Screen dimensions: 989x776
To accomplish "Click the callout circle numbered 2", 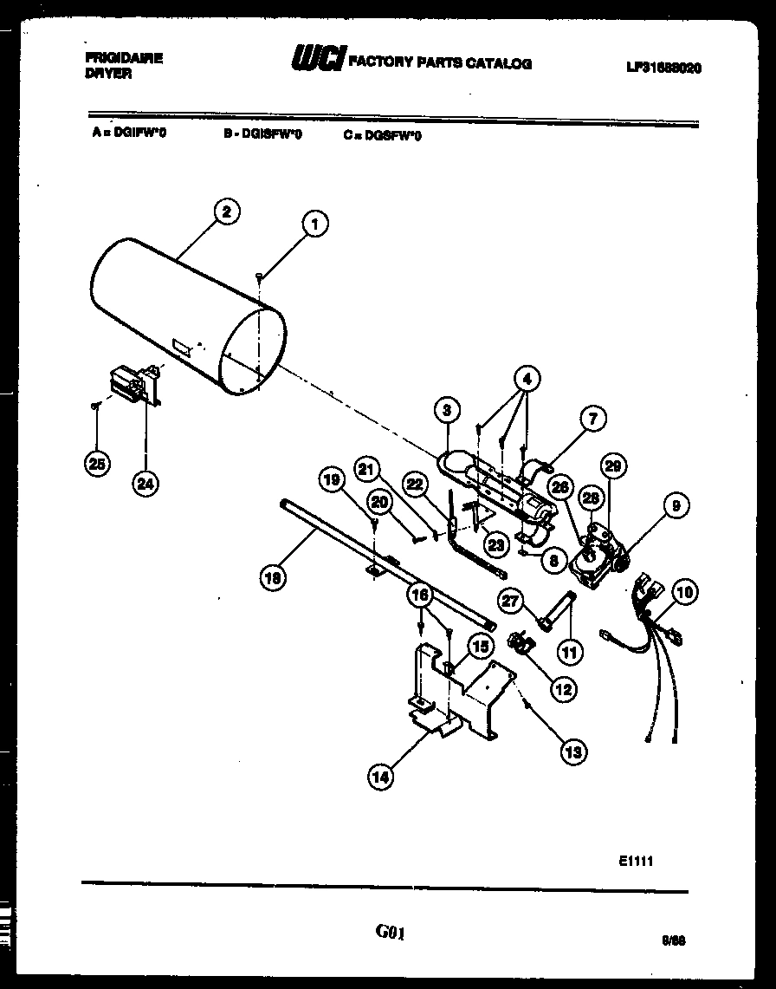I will [225, 211].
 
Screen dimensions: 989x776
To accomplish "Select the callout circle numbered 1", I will [314, 224].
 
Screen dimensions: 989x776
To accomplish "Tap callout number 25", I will [97, 464].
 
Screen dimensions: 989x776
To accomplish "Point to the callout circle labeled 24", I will [145, 485].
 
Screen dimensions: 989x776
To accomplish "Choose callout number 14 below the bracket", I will [379, 777].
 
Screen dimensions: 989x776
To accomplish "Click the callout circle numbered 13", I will [572, 752].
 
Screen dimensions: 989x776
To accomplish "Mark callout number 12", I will [564, 689].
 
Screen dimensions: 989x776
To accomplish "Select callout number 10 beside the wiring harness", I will [684, 593].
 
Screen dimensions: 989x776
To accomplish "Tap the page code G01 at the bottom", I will [390, 933].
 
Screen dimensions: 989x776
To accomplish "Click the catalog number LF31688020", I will [663, 67].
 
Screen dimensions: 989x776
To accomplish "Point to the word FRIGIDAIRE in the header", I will [125, 58].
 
